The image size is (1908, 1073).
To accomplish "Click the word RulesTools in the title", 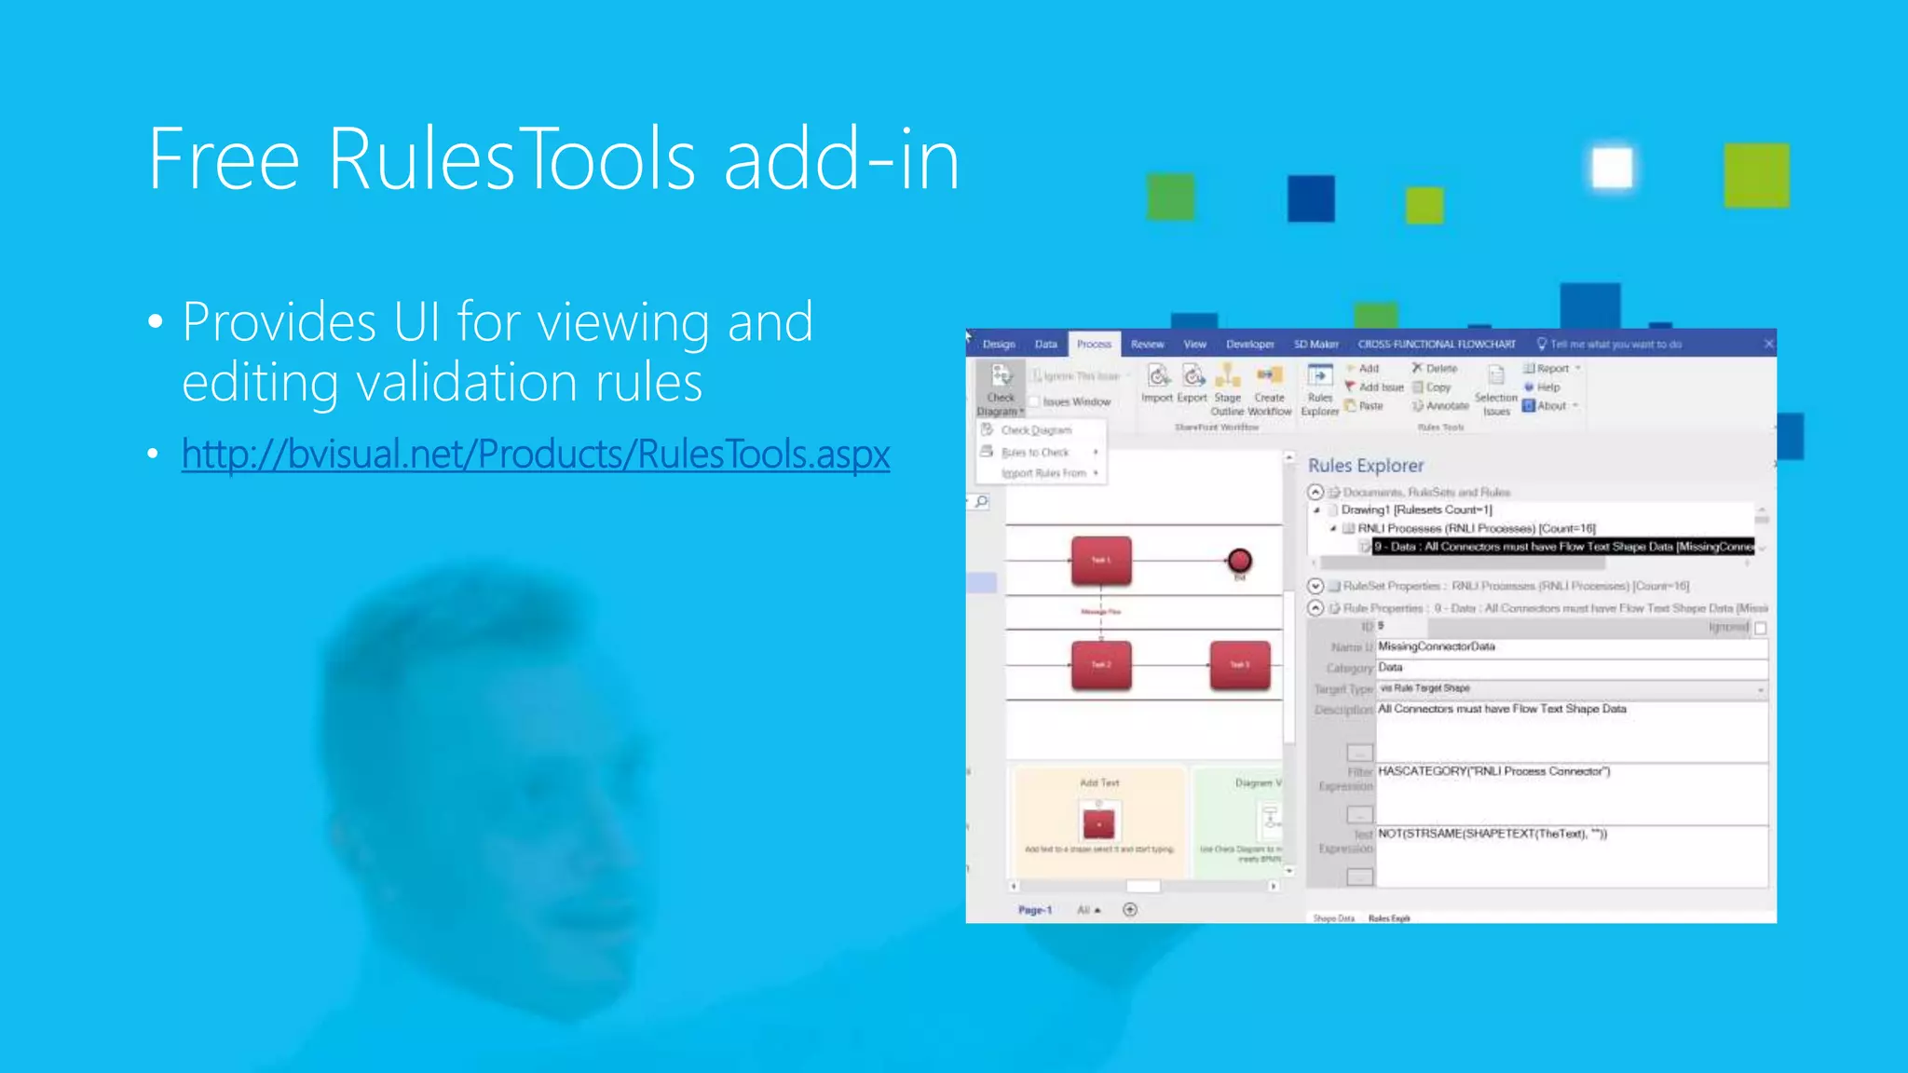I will pyautogui.click(x=511, y=160).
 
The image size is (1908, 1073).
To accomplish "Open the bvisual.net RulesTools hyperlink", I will pyautogui.click(x=536, y=455).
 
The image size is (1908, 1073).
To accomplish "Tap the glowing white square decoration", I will pyautogui.click(x=1612, y=169).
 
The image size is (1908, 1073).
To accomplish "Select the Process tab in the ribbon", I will pyautogui.click(x=1094, y=345).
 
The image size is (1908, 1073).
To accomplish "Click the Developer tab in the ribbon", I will pyautogui.click(x=1249, y=345).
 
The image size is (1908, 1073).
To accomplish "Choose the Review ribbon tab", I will pyautogui.click(x=1147, y=345).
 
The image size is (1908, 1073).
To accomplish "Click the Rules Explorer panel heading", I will pyautogui.click(x=1365, y=466).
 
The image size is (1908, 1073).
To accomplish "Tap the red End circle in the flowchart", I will pyautogui.click(x=1239, y=561).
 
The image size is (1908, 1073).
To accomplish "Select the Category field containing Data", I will pyautogui.click(x=1571, y=668).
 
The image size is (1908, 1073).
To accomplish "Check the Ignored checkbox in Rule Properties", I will pyautogui.click(x=1760, y=629).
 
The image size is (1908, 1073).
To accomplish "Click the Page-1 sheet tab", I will pyautogui.click(x=1034, y=910).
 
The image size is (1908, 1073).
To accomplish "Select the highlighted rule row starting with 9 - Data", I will pyautogui.click(x=1562, y=547).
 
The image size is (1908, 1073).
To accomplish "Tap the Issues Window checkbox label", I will pyautogui.click(x=1076, y=402).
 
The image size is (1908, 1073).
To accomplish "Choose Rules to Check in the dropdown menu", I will pyautogui.click(x=1035, y=453).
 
